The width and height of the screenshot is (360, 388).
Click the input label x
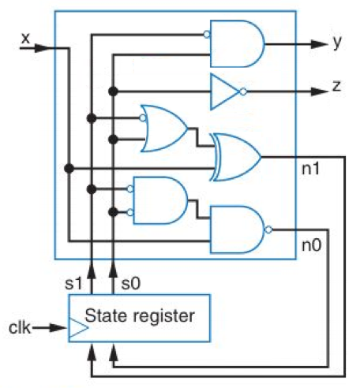pos(25,35)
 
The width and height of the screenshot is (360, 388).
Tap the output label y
pos(337,43)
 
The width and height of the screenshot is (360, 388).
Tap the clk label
pos(19,325)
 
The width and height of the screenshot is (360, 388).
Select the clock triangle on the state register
pos(78,326)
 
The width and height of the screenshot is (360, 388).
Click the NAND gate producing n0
pos(238,229)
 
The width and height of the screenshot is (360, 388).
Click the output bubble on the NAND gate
pos(270,229)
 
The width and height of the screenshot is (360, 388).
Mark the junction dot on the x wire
pos(69,167)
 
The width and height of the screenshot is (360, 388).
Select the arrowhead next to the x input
pos(46,48)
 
